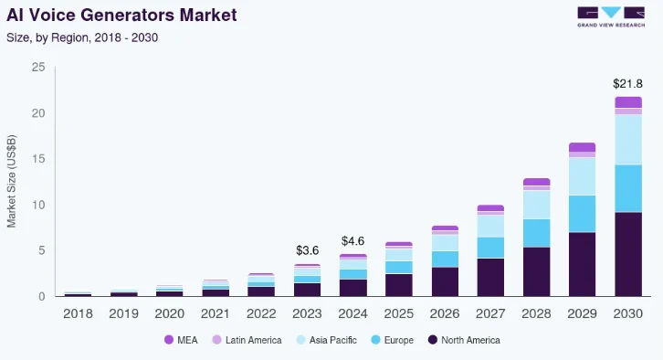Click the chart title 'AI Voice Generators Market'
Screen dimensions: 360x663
click(121, 16)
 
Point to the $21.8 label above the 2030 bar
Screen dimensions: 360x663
click(628, 83)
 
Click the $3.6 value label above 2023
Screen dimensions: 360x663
click(307, 250)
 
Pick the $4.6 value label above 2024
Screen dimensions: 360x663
click(353, 241)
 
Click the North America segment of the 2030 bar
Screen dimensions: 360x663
click(628, 254)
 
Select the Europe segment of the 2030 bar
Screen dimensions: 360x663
click(628, 188)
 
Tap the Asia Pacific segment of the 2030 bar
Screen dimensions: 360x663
click(628, 140)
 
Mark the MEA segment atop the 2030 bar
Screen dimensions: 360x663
click(628, 102)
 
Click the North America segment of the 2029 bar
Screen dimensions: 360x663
click(582, 264)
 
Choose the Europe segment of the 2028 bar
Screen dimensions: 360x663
click(536, 233)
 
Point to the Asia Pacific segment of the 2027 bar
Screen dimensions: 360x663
click(490, 226)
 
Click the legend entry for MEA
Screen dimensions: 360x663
click(182, 340)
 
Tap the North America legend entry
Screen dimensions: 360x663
click(463, 340)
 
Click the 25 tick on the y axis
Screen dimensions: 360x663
click(38, 68)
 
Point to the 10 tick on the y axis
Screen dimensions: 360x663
click(38, 205)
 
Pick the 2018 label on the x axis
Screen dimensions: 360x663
click(78, 313)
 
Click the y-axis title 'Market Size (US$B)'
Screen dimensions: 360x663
click(12, 181)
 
